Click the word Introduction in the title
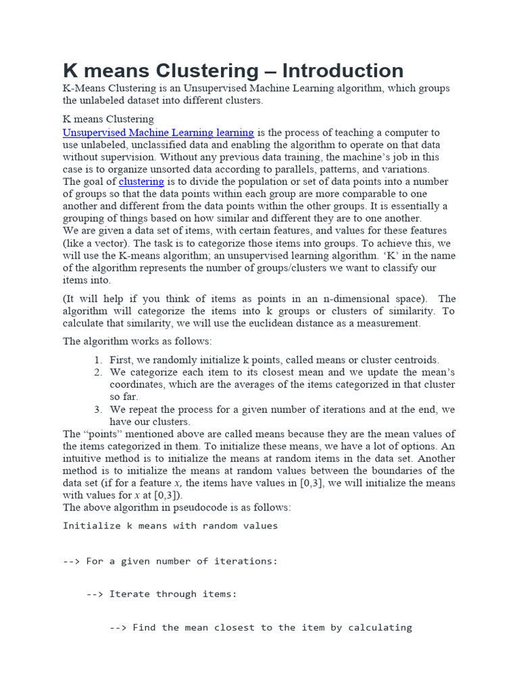click(343, 70)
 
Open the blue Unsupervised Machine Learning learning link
click(158, 133)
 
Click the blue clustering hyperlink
click(141, 181)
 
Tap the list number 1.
click(98, 360)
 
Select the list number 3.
click(98, 409)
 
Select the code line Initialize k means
click(170, 526)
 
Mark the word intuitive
click(83, 459)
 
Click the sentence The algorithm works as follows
click(137, 341)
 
